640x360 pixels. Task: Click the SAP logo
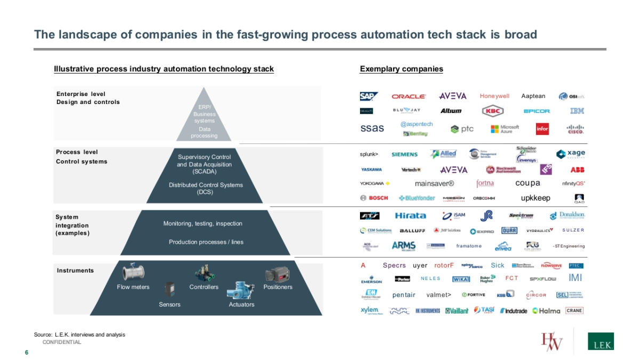pyautogui.click(x=369, y=97)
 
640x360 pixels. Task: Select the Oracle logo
pyautogui.click(x=409, y=97)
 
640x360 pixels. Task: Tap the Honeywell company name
pyautogui.click(x=494, y=97)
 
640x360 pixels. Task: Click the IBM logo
pyautogui.click(x=577, y=111)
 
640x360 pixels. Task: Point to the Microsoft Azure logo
pyautogui.click(x=505, y=129)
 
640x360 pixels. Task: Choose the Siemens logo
pyautogui.click(x=404, y=155)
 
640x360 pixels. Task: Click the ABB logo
pyautogui.click(x=578, y=170)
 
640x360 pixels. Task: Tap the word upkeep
pyautogui.click(x=535, y=198)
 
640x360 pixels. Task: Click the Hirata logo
pyautogui.click(x=410, y=215)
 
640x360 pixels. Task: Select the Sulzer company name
pyautogui.click(x=573, y=230)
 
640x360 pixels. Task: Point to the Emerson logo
pyautogui.click(x=371, y=279)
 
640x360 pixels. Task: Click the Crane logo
pyautogui.click(x=574, y=310)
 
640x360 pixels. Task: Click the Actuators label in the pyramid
pyautogui.click(x=241, y=305)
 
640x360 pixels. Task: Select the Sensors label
pyautogui.click(x=170, y=305)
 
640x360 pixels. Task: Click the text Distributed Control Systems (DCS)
pyautogui.click(x=205, y=188)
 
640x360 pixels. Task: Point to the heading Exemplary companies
pyautogui.click(x=401, y=69)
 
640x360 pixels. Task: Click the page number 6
pyautogui.click(x=26, y=352)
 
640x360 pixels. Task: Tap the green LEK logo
pyautogui.click(x=601, y=342)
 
